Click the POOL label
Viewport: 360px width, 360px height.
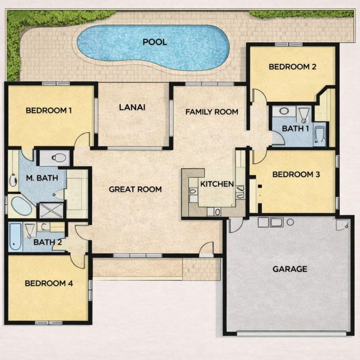click(155, 42)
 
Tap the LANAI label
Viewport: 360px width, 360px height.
click(132, 107)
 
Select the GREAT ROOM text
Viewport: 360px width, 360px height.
click(135, 189)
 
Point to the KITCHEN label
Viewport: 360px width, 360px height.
click(217, 184)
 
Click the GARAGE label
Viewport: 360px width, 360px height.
click(290, 269)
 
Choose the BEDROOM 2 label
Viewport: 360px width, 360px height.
click(292, 67)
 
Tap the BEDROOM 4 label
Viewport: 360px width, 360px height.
click(49, 283)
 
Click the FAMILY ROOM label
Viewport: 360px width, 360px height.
click(212, 112)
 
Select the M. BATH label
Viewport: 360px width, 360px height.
click(42, 178)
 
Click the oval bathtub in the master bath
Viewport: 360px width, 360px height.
click(22, 206)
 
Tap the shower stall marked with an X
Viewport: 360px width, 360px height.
click(51, 210)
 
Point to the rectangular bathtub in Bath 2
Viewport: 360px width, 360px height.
click(15, 237)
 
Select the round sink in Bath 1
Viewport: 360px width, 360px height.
click(284, 112)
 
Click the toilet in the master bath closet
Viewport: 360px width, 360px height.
click(59, 157)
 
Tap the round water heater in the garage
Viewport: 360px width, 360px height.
click(291, 222)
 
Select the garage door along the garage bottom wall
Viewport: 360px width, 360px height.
click(292, 333)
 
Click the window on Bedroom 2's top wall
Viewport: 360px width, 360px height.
click(289, 45)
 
